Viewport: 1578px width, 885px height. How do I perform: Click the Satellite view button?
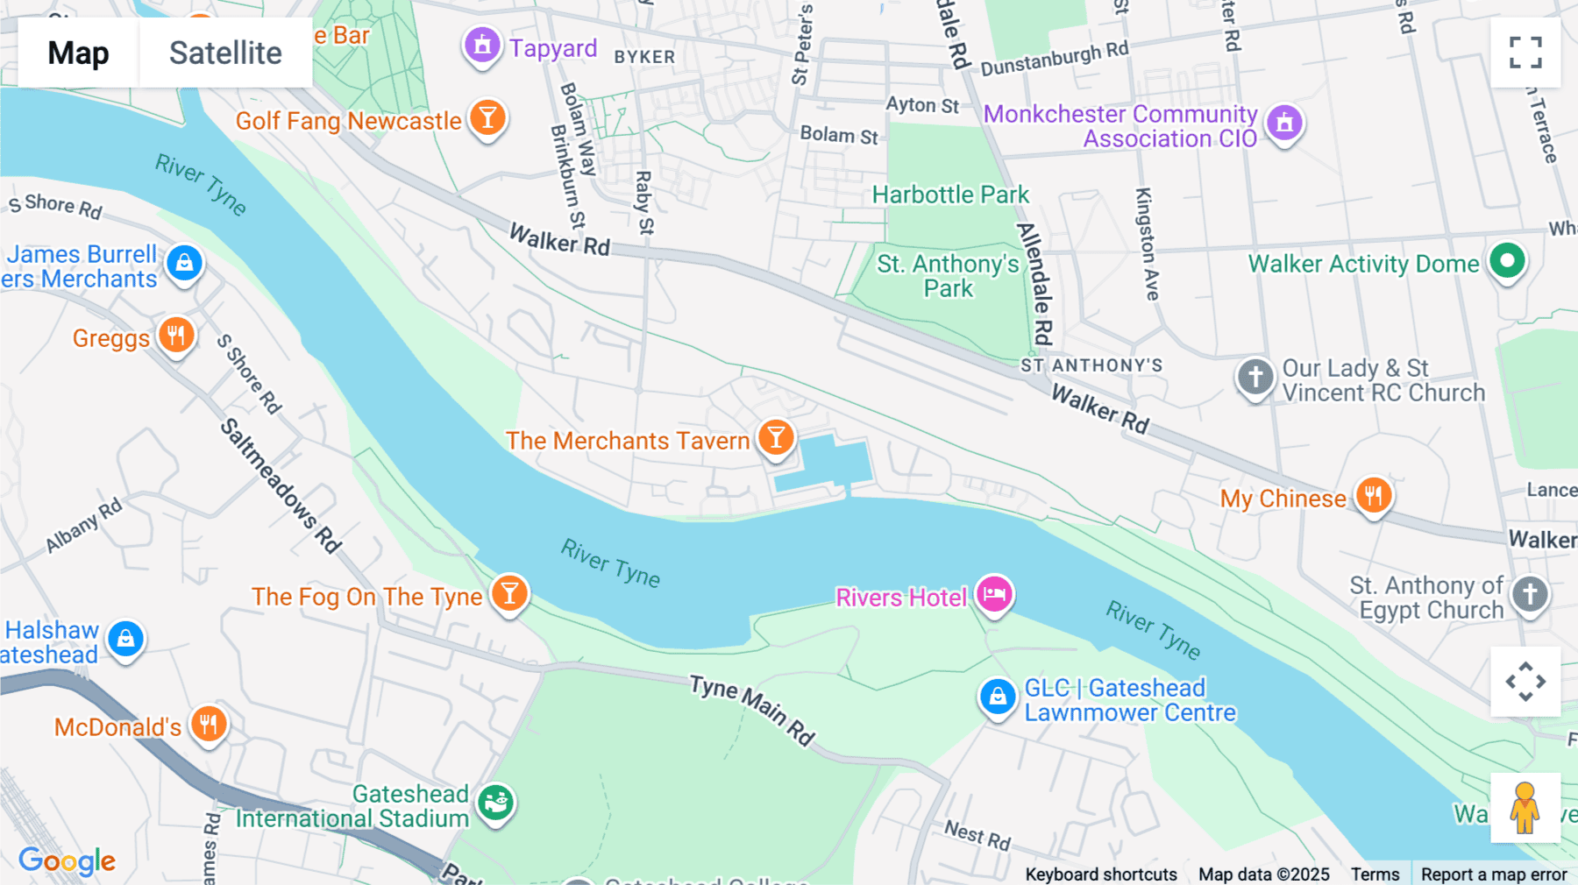[x=225, y=53]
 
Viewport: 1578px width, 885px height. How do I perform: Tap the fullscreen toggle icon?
[x=1525, y=53]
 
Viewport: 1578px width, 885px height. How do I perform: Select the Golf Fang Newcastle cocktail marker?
[x=487, y=117]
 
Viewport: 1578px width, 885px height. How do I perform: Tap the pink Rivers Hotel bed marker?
[x=994, y=594]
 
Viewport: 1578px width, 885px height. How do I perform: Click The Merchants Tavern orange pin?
[x=776, y=437]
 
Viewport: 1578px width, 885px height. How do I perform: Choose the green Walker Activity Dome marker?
[x=1507, y=260]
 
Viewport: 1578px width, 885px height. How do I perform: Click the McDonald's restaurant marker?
[x=209, y=724]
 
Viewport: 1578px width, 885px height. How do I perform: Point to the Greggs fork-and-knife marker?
[x=176, y=335]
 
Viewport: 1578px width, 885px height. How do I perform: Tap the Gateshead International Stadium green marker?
[x=495, y=801]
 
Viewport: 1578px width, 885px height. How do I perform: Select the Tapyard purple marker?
[x=482, y=45]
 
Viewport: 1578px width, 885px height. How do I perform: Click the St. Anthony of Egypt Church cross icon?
[x=1530, y=594]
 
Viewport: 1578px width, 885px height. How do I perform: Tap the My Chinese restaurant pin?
[x=1373, y=495]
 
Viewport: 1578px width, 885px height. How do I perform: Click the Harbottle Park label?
[x=950, y=195]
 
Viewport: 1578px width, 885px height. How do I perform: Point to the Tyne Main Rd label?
[x=752, y=710]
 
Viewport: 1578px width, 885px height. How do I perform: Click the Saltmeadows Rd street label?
[x=280, y=485]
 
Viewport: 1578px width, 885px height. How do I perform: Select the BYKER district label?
[x=644, y=57]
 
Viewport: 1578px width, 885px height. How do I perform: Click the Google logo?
[x=67, y=861]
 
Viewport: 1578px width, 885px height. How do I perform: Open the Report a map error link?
[x=1493, y=874]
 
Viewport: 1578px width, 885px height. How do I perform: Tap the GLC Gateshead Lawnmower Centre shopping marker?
[x=998, y=697]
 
